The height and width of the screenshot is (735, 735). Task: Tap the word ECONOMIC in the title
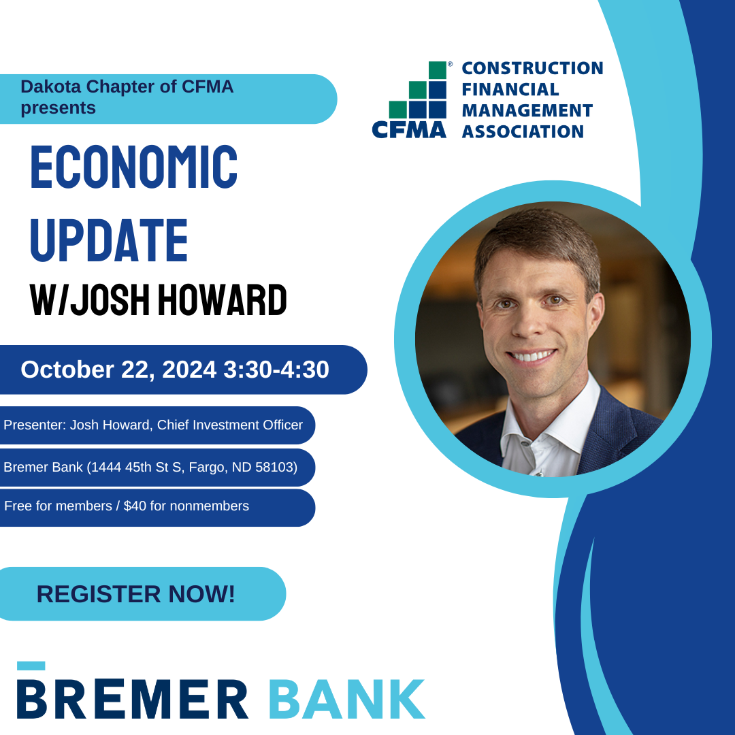click(134, 167)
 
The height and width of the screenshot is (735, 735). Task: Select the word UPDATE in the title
click(109, 240)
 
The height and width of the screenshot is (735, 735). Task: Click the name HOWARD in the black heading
click(222, 300)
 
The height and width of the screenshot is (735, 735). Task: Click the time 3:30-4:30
click(276, 370)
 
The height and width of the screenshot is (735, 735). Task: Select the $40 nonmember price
click(135, 506)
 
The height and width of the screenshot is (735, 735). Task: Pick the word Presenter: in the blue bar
click(35, 425)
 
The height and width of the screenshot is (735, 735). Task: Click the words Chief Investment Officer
click(230, 425)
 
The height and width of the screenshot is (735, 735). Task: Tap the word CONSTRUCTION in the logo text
click(532, 68)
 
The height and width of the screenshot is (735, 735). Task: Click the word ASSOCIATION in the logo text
click(523, 132)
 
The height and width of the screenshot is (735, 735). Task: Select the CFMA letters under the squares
click(409, 130)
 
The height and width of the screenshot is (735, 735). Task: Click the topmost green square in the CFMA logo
click(438, 70)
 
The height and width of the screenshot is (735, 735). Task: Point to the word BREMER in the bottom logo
click(132, 699)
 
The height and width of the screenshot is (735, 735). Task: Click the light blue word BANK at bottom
click(347, 699)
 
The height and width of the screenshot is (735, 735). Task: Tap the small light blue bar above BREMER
click(31, 666)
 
